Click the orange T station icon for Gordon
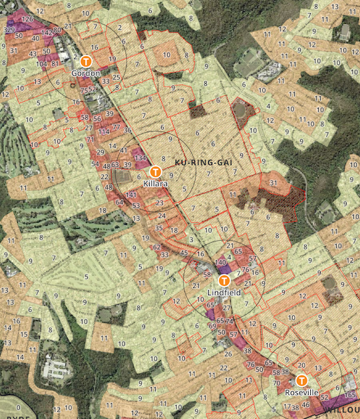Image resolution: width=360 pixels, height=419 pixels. click(87, 61)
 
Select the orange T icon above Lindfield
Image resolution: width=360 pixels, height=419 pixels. click(224, 280)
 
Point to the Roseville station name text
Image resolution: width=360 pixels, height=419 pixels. click(302, 392)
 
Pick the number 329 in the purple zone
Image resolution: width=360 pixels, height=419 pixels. click(9, 31)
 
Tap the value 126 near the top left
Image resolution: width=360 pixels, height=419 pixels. click(27, 19)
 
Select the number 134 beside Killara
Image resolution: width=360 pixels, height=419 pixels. click(140, 158)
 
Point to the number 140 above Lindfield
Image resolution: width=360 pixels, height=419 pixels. click(222, 263)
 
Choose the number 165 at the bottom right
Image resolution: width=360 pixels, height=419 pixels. click(352, 395)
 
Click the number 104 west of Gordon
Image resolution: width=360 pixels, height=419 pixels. click(42, 64)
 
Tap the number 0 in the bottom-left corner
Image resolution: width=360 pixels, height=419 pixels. click(19, 407)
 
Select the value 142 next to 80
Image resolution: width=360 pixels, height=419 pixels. click(47, 32)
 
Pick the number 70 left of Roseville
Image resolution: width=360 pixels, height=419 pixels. click(276, 383)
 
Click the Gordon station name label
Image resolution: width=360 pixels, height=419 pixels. click(87, 72)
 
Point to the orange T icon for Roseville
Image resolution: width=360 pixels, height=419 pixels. click(302, 380)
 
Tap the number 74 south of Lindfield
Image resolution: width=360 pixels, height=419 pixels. click(230, 322)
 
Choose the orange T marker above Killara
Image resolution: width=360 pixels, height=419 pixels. click(155, 170)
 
